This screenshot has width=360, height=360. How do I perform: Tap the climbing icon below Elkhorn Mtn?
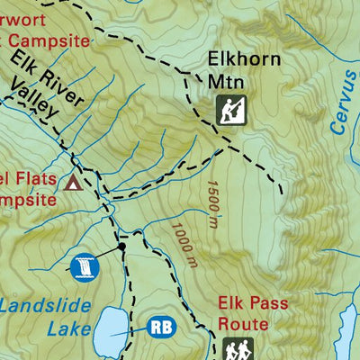click(x=231, y=111)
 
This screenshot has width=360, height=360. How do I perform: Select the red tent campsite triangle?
click(x=73, y=184)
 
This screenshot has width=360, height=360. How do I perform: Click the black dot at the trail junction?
click(x=121, y=245)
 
